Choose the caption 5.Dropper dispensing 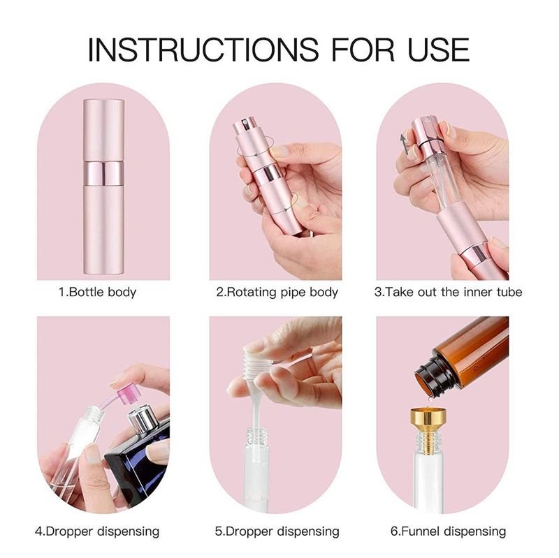click(x=276, y=531)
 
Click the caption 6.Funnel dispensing click(x=448, y=531)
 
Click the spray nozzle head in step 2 click(x=242, y=128)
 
